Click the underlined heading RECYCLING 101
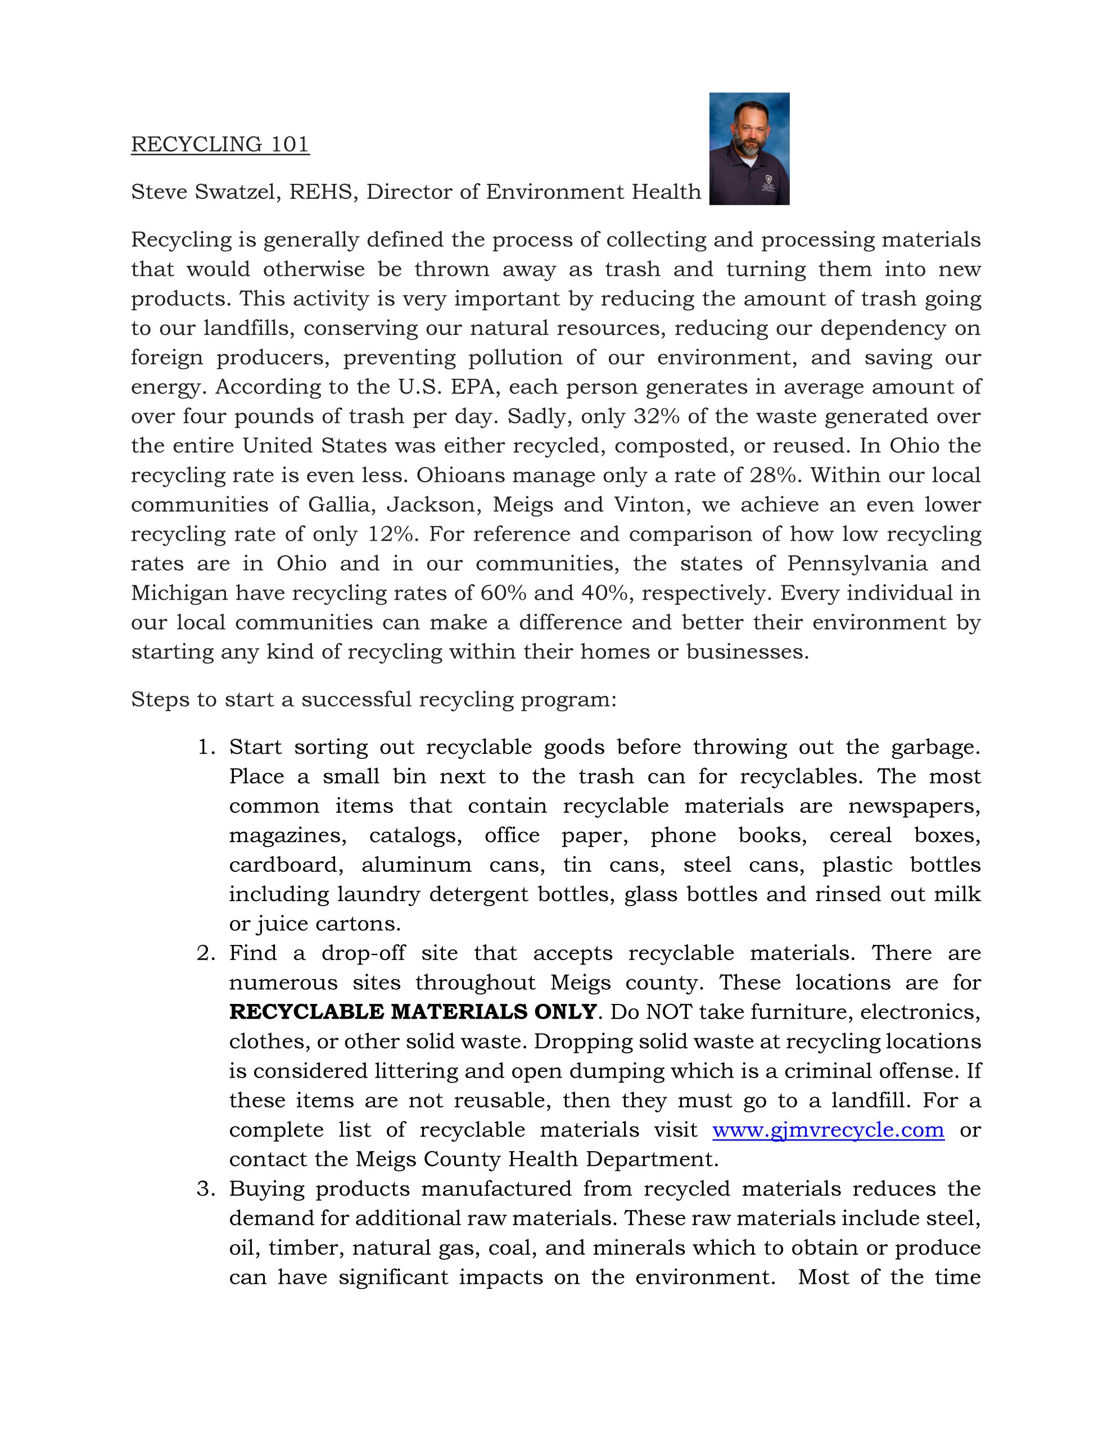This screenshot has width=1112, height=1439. (220, 144)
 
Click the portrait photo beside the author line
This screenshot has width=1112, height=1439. (749, 149)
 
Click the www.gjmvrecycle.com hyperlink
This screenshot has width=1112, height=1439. (828, 1130)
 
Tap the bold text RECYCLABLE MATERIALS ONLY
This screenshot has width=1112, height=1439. (413, 1012)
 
